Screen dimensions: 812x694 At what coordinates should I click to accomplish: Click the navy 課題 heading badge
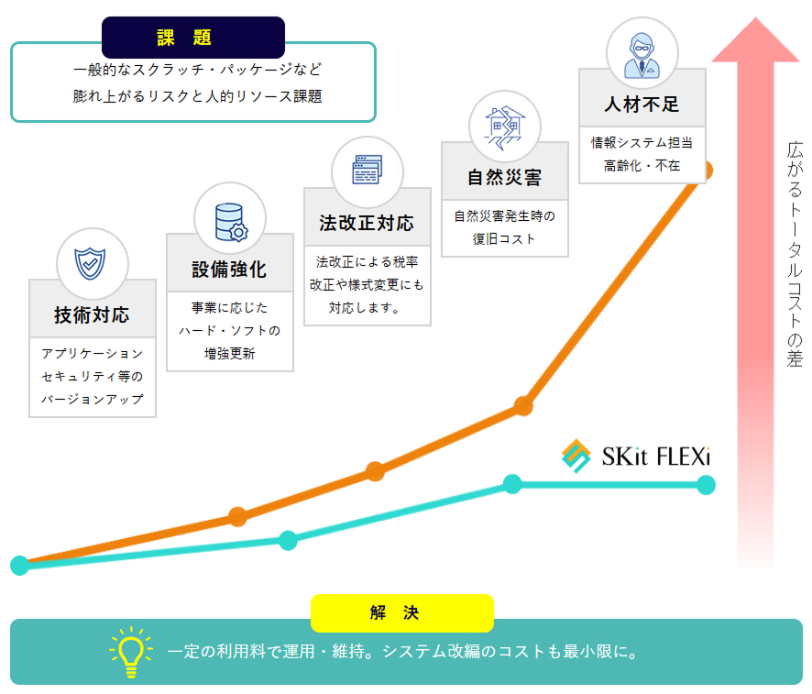pos(193,38)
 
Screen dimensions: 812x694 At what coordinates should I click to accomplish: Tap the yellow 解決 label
pos(401,612)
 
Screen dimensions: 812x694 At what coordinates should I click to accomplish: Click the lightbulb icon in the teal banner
pos(131,652)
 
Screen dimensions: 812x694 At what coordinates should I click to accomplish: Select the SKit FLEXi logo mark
pos(576,456)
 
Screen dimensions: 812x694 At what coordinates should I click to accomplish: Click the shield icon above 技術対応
pos(90,263)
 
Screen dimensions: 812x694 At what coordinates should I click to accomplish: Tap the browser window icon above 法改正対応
pos(368,170)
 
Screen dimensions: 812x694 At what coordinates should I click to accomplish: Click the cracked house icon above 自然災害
pos(504,127)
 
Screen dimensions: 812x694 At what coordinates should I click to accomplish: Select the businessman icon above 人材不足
pos(642,55)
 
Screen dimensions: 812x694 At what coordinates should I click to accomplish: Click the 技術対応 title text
pos(92,314)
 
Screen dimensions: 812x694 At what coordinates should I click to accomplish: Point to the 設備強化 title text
pos(229,270)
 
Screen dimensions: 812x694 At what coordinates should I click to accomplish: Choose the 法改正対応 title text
pos(367,223)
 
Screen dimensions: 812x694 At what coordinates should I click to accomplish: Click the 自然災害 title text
pos(504,178)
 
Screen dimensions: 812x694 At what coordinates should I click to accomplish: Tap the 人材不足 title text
pos(642,105)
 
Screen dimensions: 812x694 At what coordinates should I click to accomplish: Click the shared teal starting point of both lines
pos(19,566)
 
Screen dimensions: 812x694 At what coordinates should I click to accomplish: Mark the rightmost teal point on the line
pos(706,485)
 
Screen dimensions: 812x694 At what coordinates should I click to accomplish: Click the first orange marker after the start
pos(237,517)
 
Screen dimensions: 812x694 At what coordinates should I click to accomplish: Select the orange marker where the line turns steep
pos(523,406)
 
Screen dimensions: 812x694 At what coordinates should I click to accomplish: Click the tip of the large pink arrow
pos(755,17)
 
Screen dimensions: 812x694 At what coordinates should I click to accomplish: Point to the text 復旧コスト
pos(504,238)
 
